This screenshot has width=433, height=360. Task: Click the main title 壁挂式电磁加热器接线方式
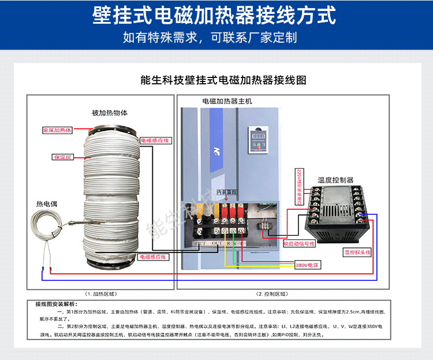click(x=216, y=16)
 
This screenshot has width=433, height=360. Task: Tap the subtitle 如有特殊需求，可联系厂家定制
click(x=216, y=38)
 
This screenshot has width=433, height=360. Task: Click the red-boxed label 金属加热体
click(x=57, y=131)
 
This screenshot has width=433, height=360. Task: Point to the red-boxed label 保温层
click(x=62, y=157)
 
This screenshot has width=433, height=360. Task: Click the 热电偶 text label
click(x=47, y=204)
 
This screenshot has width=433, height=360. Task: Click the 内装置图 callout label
click(x=226, y=192)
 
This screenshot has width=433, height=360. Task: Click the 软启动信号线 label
click(x=299, y=243)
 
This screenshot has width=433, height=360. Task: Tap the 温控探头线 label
click(x=357, y=253)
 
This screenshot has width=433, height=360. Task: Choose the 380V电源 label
click(x=307, y=265)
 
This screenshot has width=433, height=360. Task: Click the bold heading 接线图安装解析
click(x=59, y=304)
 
